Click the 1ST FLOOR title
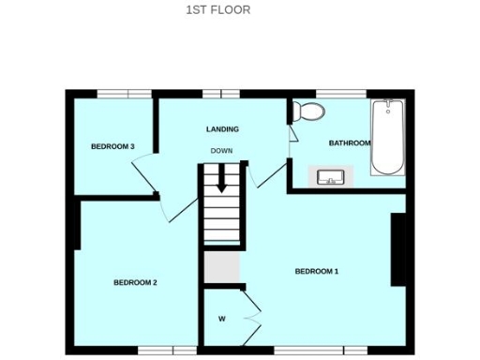click(x=218, y=11)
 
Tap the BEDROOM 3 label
click(x=113, y=146)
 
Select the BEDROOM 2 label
click(x=135, y=282)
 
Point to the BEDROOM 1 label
click(x=316, y=272)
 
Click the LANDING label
click(x=222, y=129)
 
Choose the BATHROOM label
click(x=349, y=143)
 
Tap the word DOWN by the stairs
click(x=221, y=151)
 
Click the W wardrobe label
click(x=222, y=319)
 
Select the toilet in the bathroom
click(x=307, y=111)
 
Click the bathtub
click(x=386, y=138)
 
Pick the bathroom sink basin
click(x=331, y=176)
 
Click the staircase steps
click(x=223, y=211)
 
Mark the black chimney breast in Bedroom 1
click(x=398, y=249)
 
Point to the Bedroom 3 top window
click(x=125, y=92)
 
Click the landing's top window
click(x=219, y=92)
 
